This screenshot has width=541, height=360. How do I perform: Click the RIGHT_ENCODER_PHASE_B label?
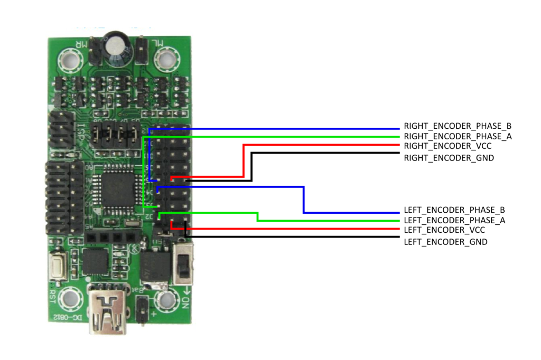[458, 127]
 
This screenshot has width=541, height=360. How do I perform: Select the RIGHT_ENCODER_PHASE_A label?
[458, 137]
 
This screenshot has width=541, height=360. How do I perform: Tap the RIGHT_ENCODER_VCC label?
[447, 146]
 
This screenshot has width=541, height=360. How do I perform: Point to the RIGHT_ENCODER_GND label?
[449, 157]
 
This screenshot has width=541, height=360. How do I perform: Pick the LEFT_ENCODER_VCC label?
[444, 230]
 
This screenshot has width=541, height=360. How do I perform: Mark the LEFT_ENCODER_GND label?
[445, 242]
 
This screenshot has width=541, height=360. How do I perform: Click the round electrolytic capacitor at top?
[118, 44]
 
